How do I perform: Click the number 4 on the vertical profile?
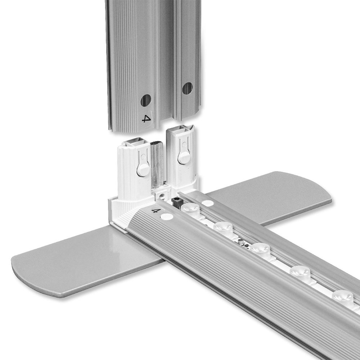click(x=146, y=118)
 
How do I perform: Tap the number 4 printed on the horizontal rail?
click(x=156, y=210)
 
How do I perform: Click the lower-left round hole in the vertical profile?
click(x=145, y=100)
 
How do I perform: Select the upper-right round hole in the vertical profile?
click(x=187, y=89)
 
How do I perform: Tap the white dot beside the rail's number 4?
click(x=167, y=216)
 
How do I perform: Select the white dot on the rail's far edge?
click(x=208, y=203)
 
